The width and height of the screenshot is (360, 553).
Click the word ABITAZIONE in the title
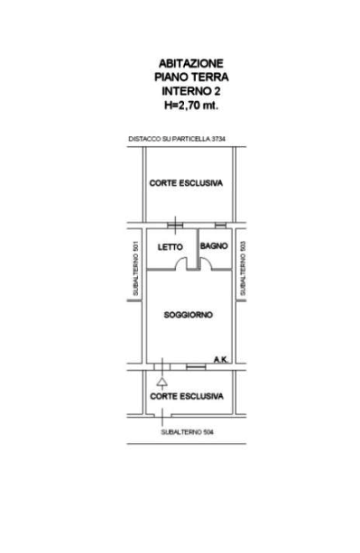coord(190,63)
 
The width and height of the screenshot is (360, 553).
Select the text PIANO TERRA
coord(191,78)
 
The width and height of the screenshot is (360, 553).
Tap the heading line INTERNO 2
coord(191,91)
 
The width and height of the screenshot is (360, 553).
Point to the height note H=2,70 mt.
coord(191,106)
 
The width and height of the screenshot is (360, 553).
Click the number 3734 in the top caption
coord(218,139)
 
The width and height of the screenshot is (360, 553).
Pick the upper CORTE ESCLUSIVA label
coord(186,183)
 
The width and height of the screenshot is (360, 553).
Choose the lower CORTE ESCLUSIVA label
coord(187,396)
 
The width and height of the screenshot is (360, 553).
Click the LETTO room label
coord(170,247)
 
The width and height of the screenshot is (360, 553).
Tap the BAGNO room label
coord(214,245)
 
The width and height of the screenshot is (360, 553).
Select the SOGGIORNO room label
coord(189,315)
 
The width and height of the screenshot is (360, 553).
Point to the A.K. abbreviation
coord(221,360)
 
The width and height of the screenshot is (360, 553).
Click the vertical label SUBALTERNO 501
coord(135,269)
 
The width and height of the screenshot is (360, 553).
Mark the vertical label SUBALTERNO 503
coord(243,268)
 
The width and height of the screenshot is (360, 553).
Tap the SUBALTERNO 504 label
coord(188,432)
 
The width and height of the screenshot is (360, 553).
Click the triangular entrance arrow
coord(162,382)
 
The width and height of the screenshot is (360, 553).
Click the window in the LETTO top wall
coord(175,226)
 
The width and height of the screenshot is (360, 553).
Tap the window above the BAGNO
coord(220,225)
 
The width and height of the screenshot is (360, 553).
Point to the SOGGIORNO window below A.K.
coord(196,367)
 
